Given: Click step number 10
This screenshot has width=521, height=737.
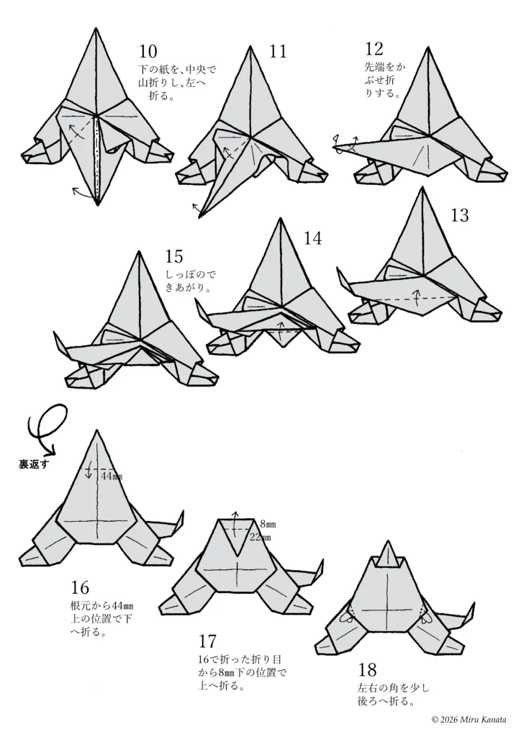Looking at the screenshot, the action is [x=148, y=51].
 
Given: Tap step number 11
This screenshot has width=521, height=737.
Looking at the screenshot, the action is [x=278, y=51].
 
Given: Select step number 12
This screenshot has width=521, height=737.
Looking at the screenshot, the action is [x=374, y=48].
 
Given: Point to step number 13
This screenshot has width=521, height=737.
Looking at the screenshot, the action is [x=459, y=214].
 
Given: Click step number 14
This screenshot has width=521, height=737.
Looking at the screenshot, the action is [x=312, y=238].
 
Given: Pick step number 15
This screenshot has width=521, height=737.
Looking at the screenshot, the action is [x=174, y=256].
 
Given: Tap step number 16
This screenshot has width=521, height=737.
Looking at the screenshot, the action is [x=80, y=587].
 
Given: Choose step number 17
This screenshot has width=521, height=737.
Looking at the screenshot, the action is [x=207, y=641].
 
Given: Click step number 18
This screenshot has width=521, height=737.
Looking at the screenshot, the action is [x=368, y=669].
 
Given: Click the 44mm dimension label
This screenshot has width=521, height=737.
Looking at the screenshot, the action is [x=112, y=476].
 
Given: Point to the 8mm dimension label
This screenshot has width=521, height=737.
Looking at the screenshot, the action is [x=268, y=523].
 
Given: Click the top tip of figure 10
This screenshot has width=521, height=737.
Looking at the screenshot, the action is [x=96, y=28].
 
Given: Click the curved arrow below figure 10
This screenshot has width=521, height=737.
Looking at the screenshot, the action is [x=83, y=192].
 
